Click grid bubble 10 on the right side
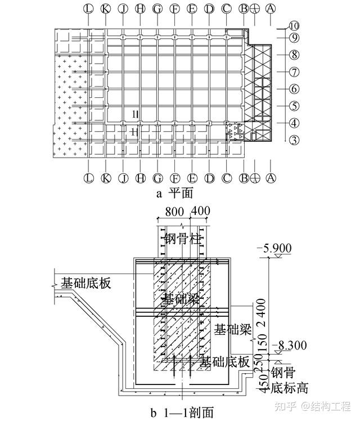click(x=294, y=25)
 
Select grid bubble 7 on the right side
click(x=293, y=72)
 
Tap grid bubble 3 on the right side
click(x=293, y=140)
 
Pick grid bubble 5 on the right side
click(x=293, y=106)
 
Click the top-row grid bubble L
click(x=88, y=8)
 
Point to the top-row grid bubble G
click(x=157, y=8)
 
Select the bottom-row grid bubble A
click(x=271, y=178)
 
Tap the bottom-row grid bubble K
click(x=106, y=178)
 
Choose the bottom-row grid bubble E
click(x=192, y=178)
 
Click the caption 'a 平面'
click(x=174, y=194)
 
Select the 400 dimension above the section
click(x=200, y=212)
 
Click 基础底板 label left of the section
click(x=86, y=283)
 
